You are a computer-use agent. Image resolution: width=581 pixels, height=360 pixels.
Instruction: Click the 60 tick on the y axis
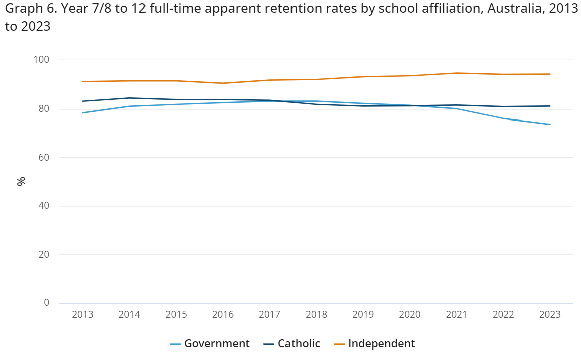(x=44, y=158)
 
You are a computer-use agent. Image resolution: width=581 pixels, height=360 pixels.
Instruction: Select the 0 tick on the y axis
(x=47, y=303)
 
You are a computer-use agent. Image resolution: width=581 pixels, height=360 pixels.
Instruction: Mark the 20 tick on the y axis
(x=44, y=255)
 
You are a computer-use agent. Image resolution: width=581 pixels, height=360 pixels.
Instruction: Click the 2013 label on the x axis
(x=83, y=315)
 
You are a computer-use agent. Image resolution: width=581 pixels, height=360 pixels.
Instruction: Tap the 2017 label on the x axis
(x=269, y=315)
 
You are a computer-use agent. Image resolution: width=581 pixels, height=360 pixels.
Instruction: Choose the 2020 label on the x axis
(x=410, y=315)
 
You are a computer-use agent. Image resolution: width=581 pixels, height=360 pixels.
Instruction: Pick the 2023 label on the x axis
(x=550, y=315)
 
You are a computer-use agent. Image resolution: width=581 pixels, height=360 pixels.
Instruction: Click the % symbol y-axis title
(x=21, y=182)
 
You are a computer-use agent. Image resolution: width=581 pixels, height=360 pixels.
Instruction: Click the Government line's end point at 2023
(x=550, y=124)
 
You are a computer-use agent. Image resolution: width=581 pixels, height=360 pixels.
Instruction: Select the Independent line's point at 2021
(x=457, y=73)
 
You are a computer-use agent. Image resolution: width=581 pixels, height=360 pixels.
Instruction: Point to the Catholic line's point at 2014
(x=129, y=98)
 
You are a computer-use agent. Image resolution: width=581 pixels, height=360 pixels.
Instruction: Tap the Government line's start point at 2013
(x=83, y=112)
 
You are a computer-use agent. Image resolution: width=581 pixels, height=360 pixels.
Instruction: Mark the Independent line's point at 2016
(x=223, y=83)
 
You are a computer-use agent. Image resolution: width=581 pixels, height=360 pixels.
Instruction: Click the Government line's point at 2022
(x=503, y=118)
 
